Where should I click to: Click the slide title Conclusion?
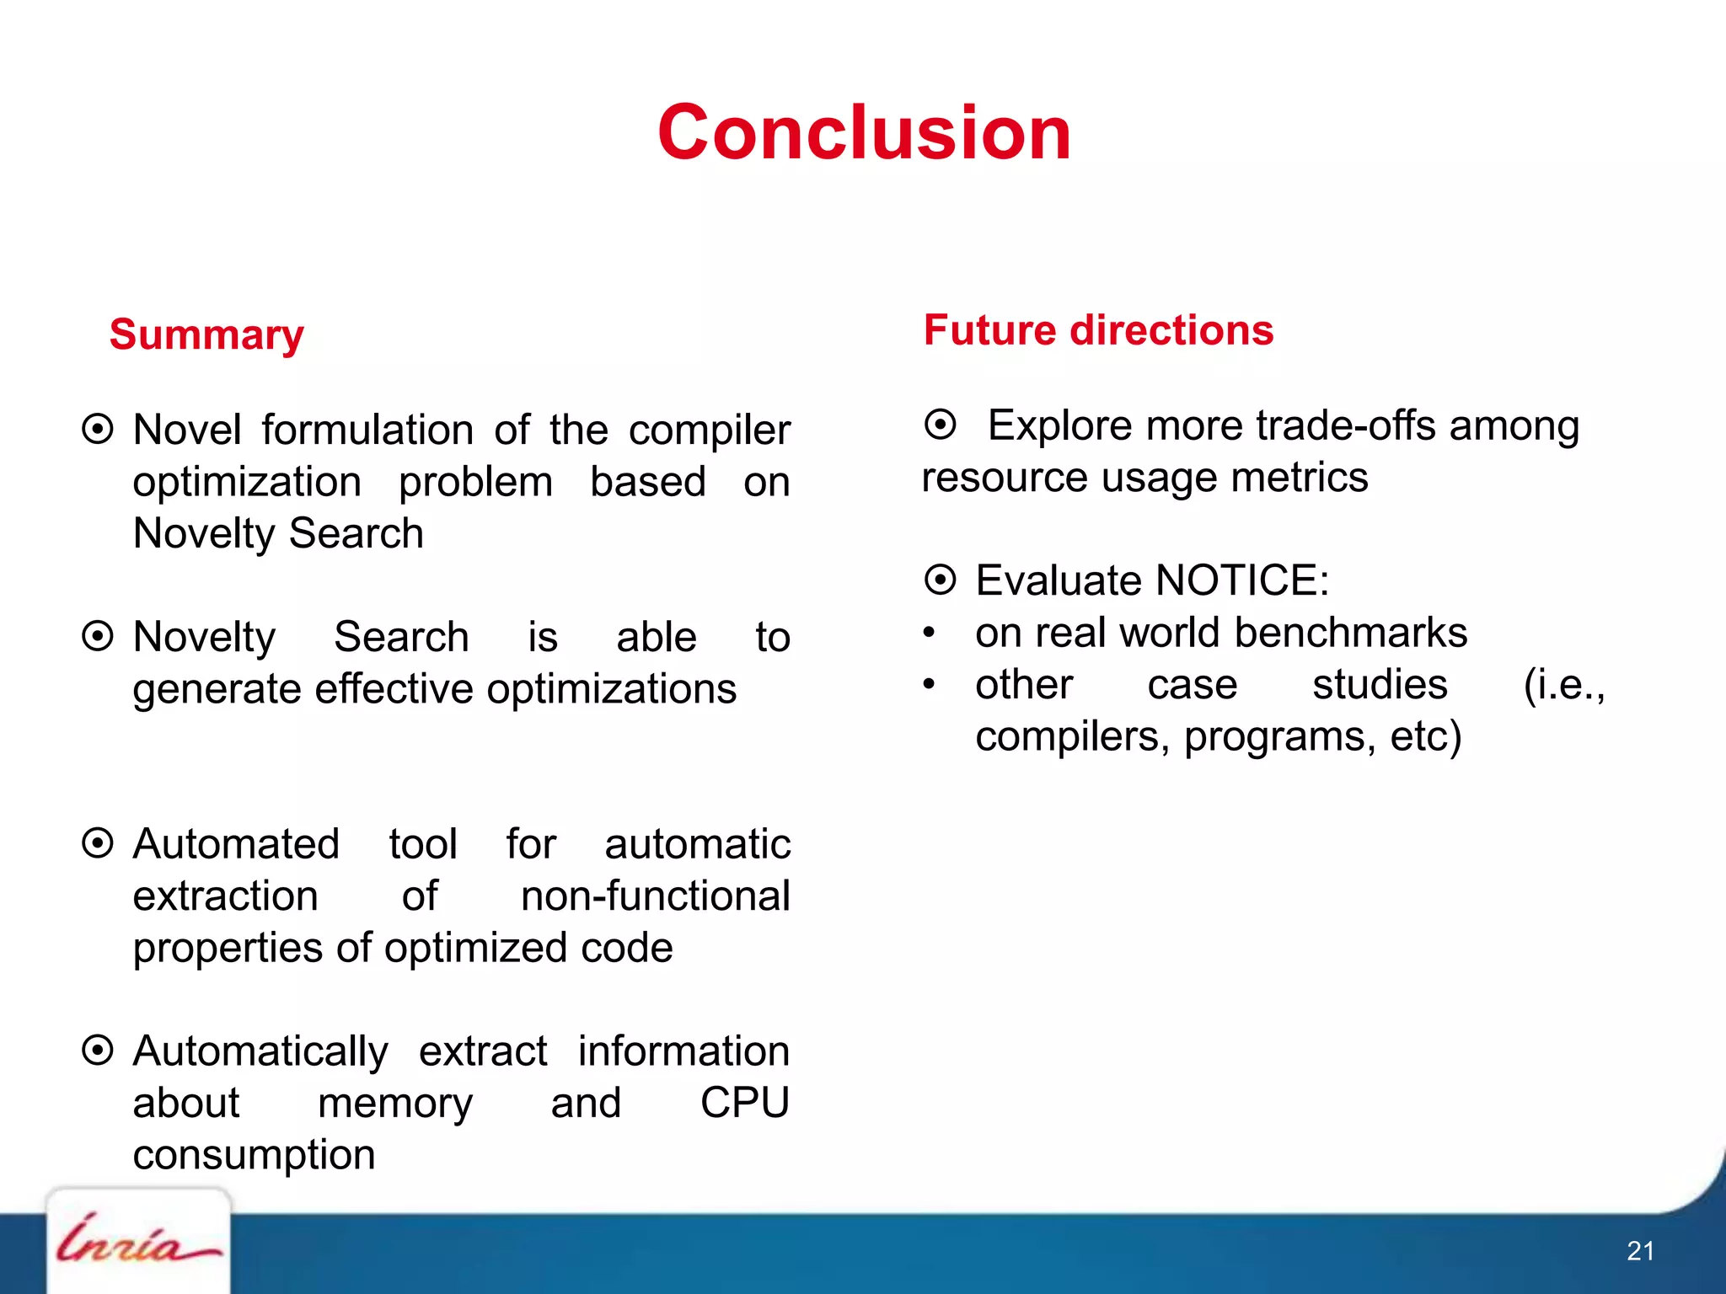pos(864,132)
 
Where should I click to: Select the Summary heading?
pos(206,334)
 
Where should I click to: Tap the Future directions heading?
pos(1098,329)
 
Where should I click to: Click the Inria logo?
pos(137,1240)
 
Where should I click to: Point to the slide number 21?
pos(1640,1250)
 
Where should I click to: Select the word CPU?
pos(744,1103)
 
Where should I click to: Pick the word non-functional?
pos(655,896)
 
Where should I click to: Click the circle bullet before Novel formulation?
pos(98,429)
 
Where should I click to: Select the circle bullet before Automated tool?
pos(98,842)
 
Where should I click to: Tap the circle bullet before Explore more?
pos(941,424)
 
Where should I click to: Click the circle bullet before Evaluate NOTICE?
pos(941,580)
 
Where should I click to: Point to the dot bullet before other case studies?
pos(929,684)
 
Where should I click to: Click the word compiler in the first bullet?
pos(709,430)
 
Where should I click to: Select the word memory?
pos(395,1104)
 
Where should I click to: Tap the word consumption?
pos(254,1155)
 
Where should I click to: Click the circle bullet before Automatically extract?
pos(98,1050)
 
